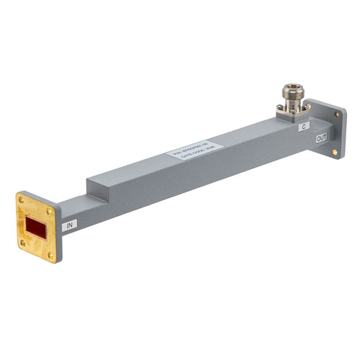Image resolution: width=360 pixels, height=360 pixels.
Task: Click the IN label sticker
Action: click(x=71, y=225)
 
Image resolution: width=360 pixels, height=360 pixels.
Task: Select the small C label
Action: click(x=304, y=126)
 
